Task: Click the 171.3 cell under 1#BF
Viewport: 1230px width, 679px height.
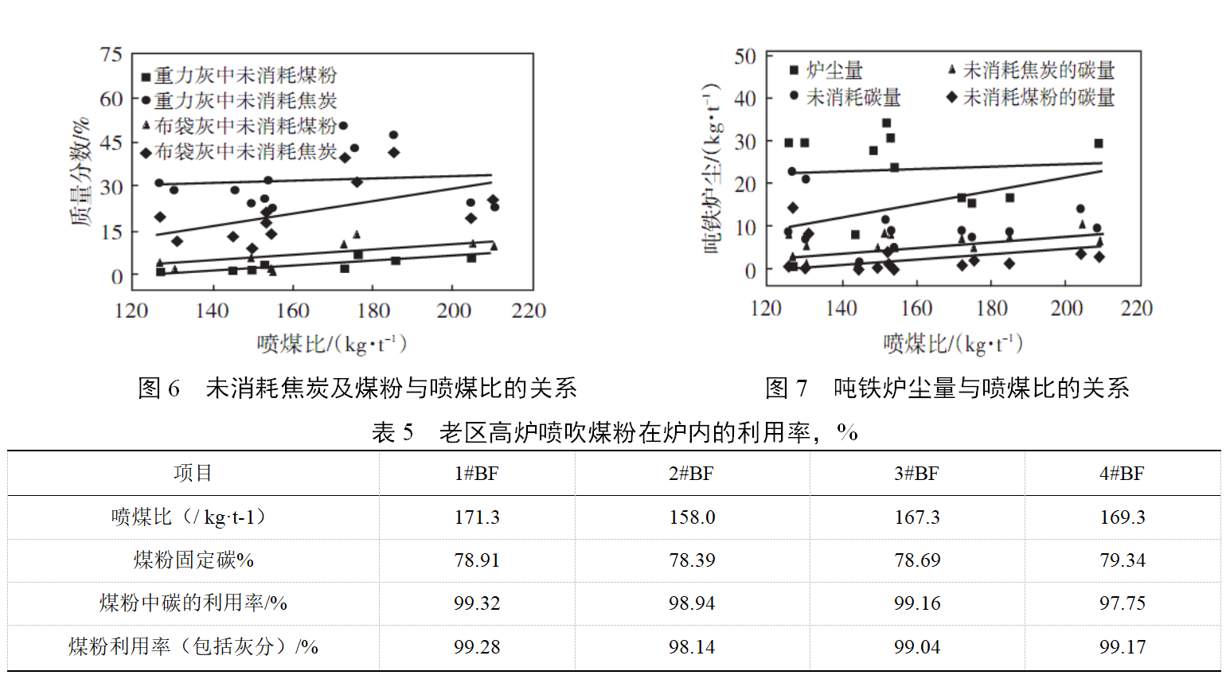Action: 476,517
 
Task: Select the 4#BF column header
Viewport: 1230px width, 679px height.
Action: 1122,474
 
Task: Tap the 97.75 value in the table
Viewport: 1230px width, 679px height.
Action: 1122,603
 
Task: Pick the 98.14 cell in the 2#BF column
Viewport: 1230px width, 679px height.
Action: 691,646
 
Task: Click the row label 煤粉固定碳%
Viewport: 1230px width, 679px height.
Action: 193,560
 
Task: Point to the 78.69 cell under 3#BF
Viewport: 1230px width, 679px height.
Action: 916,560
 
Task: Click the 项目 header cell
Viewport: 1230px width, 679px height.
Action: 193,474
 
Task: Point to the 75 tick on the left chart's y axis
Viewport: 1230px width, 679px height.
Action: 111,55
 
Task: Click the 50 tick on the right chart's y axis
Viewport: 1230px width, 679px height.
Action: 744,57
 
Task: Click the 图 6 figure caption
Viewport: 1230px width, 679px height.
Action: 357,388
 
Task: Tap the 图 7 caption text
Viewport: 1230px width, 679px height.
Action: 947,388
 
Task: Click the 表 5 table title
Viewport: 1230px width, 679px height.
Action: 614,432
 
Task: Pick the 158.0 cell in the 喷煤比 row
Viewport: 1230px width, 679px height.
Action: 691,517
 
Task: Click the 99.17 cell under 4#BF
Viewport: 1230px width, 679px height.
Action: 1122,646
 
